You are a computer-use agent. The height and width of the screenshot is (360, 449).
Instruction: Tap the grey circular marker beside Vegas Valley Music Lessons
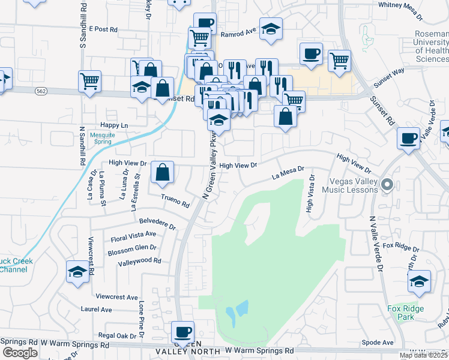388,185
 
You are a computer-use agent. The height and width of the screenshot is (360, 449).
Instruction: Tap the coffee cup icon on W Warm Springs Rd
182,331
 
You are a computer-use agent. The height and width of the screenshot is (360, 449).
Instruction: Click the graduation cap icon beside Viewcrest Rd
78,272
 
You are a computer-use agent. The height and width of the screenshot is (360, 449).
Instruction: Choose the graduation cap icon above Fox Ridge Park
420,280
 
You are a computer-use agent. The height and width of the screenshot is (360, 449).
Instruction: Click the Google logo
20,353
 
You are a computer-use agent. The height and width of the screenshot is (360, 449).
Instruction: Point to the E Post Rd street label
101,28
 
